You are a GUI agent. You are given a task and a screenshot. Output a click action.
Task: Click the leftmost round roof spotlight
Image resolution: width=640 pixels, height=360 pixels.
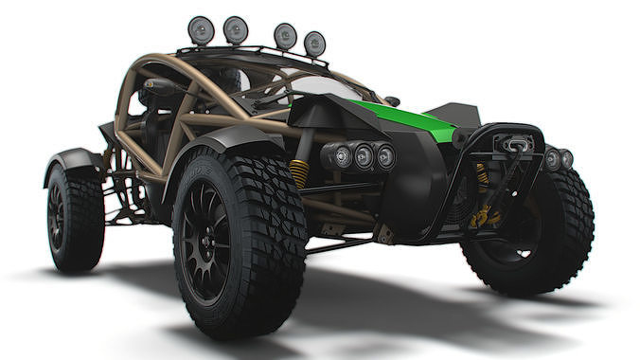click(x=200, y=30)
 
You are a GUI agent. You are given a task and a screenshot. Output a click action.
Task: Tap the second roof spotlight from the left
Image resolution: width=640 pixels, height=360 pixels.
click(x=235, y=30)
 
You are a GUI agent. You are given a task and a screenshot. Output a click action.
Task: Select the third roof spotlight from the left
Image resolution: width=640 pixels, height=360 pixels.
click(x=284, y=36)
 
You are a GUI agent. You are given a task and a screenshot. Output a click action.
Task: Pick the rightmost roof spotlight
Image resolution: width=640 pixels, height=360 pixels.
click(x=314, y=44)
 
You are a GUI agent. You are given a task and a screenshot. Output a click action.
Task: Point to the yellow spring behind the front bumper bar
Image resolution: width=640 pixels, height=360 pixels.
click(x=481, y=175)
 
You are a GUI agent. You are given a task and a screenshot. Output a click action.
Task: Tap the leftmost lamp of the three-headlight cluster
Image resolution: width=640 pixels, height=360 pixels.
click(x=340, y=155)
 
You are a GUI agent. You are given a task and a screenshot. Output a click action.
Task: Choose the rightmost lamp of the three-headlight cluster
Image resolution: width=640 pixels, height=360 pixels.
click(x=384, y=156)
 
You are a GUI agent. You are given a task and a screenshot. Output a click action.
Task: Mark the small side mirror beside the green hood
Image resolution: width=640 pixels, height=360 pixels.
click(x=392, y=101)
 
